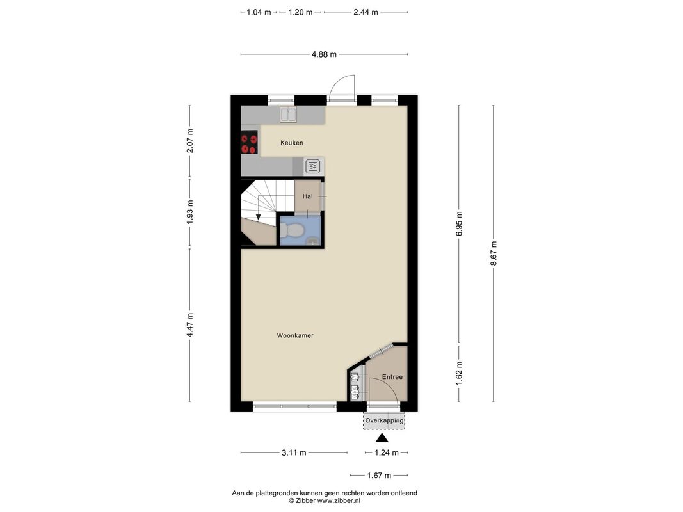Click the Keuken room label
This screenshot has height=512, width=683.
coord(291,143)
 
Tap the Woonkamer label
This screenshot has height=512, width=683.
coord(295,335)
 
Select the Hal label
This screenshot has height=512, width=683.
coord(307,196)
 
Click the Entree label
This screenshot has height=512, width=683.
coord(392,377)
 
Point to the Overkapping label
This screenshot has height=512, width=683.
coord(384,420)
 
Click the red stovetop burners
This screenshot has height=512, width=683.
coord(249,144)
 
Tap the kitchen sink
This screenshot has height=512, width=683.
coord(288,115)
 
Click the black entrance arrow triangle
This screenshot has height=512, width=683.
coord(382,438)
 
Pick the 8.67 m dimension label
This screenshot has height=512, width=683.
coord(494,253)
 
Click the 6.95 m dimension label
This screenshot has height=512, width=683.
coord(459,224)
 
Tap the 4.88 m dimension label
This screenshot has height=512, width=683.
coord(324,54)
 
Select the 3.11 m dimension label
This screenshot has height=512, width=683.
coord(294,452)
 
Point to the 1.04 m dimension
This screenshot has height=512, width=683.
coord(259,12)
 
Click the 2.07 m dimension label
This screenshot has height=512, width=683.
coord(189,141)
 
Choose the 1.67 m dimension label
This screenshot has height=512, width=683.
coord(378,476)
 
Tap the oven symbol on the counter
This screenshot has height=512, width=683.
coord(313,166)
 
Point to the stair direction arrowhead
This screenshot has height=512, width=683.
coord(259,216)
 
